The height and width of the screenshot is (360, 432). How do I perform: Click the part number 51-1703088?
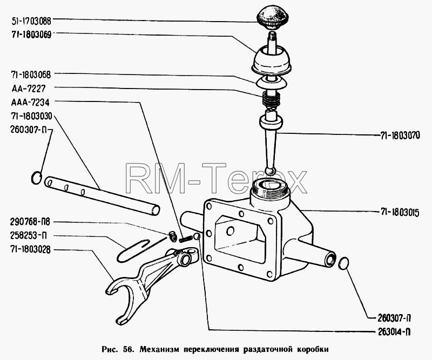tap(31, 21)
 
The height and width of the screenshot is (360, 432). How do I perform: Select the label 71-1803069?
tap(31, 35)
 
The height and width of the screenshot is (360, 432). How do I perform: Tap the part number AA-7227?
tap(29, 89)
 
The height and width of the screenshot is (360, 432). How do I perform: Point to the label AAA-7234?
tap(30, 103)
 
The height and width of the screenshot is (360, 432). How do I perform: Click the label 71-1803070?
tap(400, 135)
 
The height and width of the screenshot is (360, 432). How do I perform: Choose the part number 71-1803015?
tap(400, 213)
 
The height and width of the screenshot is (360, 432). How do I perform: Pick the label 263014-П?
tap(394, 332)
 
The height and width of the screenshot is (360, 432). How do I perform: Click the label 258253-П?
tap(28, 236)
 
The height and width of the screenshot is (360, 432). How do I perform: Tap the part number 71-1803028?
tap(31, 250)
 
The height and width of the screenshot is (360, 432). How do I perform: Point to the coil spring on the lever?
tap(272, 99)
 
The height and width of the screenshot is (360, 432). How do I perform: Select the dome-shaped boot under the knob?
tap(271, 61)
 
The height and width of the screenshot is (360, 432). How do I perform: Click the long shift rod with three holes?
tap(102, 195)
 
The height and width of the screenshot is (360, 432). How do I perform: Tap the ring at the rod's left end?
tap(36, 178)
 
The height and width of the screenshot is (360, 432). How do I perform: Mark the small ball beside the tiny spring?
tap(197, 236)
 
